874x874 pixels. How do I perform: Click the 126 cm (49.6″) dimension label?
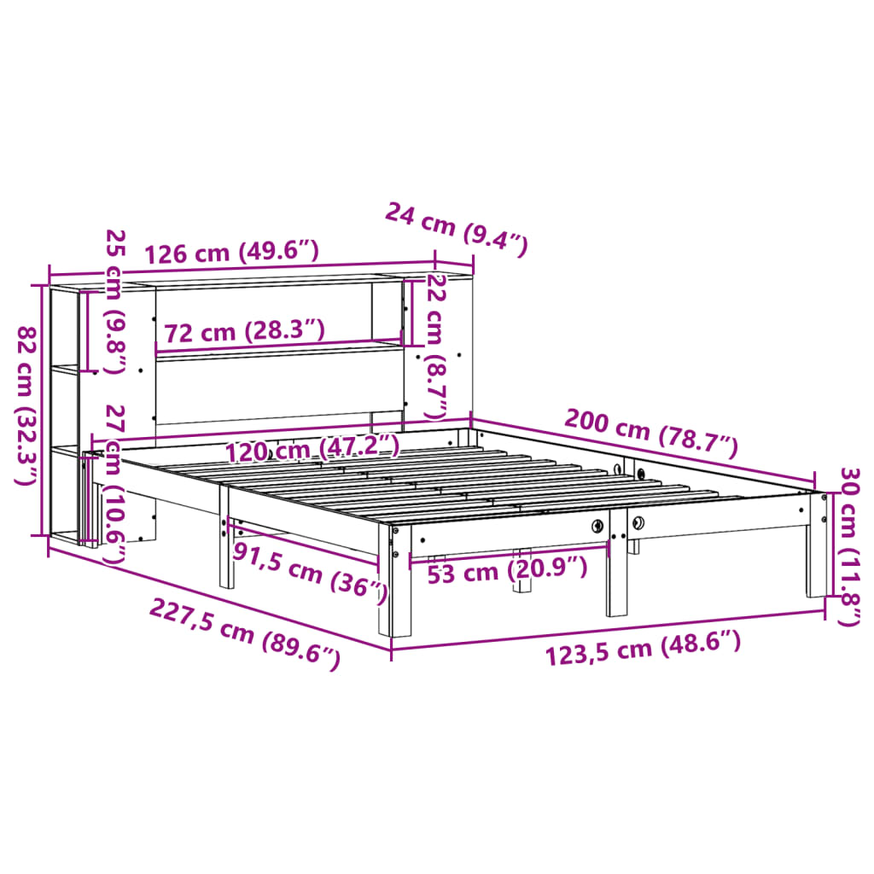[x=231, y=253]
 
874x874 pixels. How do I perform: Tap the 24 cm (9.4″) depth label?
[x=456, y=228]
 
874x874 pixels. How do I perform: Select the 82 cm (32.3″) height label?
[x=27, y=406]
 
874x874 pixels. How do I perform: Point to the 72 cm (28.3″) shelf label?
[x=245, y=331]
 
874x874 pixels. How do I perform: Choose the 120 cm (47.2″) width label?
[x=312, y=447]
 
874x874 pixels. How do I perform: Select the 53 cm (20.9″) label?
[x=507, y=570]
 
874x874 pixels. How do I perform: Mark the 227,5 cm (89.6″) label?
[x=245, y=632]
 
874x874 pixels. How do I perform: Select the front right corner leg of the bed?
[x=816, y=546]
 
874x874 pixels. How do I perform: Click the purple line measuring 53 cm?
[x=510, y=553]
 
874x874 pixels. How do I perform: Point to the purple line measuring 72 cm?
[x=279, y=346]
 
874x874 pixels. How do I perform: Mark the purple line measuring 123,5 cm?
[x=608, y=630]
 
